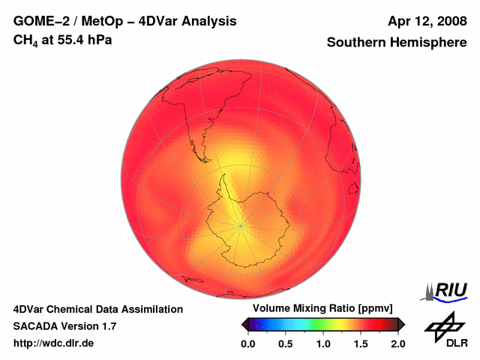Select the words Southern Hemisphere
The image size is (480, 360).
[x=396, y=43]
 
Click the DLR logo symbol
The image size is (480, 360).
[x=442, y=327]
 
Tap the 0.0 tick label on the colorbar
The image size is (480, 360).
[x=248, y=343]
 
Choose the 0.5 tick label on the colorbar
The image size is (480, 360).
[x=286, y=343]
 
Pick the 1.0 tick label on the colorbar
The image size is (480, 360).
[x=323, y=343]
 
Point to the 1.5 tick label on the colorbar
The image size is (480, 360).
[x=361, y=343]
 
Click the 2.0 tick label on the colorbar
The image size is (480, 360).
[x=397, y=343]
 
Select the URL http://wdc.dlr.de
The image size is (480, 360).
[x=54, y=343]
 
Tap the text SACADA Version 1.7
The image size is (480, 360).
[x=64, y=326]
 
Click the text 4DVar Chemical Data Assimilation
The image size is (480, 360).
[x=97, y=309]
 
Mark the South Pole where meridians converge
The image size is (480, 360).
[x=241, y=223]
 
